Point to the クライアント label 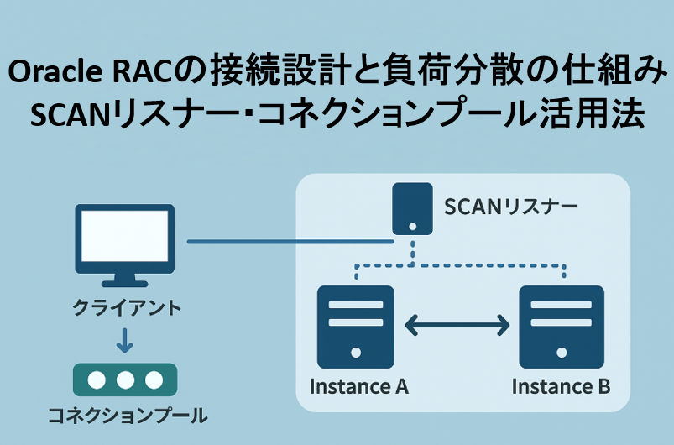(126, 307)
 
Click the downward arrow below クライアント (124, 340)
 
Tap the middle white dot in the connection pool (125, 380)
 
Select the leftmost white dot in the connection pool (97, 380)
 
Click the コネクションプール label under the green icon (126, 416)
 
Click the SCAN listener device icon (412, 209)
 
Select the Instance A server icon (356, 327)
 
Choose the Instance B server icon (561, 327)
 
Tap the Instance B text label (561, 387)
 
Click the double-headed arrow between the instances (458, 324)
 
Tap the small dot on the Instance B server (561, 353)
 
